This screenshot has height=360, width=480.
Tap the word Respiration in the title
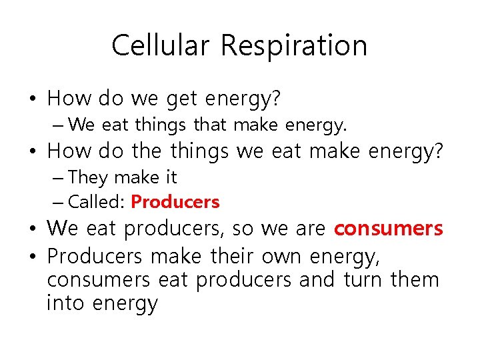click(294, 46)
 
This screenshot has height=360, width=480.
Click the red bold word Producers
click(175, 201)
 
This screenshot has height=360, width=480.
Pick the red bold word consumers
click(388, 229)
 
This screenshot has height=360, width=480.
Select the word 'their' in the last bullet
click(233, 256)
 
